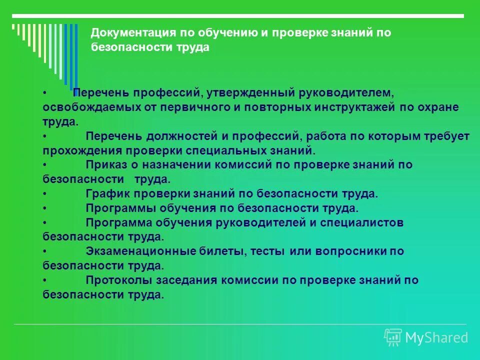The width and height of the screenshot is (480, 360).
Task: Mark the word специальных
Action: pos(222,150)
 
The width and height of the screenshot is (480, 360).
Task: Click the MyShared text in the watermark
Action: pos(436,338)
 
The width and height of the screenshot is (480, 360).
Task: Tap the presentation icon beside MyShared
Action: pos(393,337)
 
